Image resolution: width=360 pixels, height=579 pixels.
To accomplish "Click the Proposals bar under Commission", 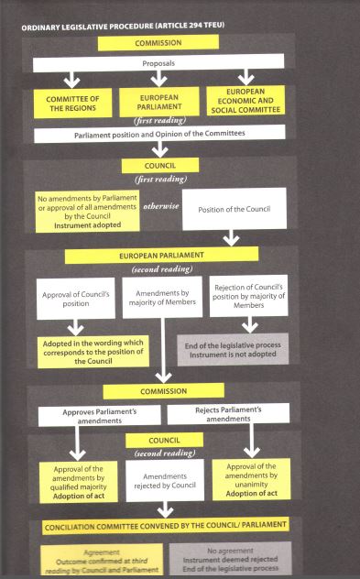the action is pos(158,63).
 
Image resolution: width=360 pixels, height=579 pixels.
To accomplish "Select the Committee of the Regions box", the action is pos(72,104).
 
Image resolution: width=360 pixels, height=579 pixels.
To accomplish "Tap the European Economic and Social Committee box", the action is pos(245,101).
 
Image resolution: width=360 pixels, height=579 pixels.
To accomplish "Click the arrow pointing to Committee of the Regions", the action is pos(71,80).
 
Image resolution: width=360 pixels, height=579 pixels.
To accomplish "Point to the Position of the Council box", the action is pos(235,209).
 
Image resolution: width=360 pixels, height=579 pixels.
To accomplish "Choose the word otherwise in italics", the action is pos(161,206).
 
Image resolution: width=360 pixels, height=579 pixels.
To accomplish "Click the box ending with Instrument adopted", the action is pos(88,212).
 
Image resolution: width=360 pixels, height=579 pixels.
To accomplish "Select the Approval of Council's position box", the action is pos(76,299).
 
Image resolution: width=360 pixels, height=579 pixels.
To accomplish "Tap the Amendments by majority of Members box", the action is pos(162,297).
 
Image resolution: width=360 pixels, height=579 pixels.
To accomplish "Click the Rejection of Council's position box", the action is pos(249,296).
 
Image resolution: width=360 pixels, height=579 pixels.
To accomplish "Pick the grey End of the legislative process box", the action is pos(233,350).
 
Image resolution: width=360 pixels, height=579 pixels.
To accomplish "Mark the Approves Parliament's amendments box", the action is pos(99,416).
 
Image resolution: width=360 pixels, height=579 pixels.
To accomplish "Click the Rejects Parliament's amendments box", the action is pos(228,413).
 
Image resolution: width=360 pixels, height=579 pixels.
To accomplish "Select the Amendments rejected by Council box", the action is pos(165,481).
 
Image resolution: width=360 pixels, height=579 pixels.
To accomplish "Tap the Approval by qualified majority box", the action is pos(78,482).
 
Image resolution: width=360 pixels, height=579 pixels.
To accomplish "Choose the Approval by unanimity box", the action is pos(251,479).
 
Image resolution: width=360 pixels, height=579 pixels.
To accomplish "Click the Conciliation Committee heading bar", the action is pos(166,526).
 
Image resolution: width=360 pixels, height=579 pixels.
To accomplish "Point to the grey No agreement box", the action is pos(231,558).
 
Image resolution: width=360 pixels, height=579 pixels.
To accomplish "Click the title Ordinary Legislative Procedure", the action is pos(123,27).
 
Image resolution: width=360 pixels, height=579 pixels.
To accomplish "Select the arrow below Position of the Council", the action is pos(231,238).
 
